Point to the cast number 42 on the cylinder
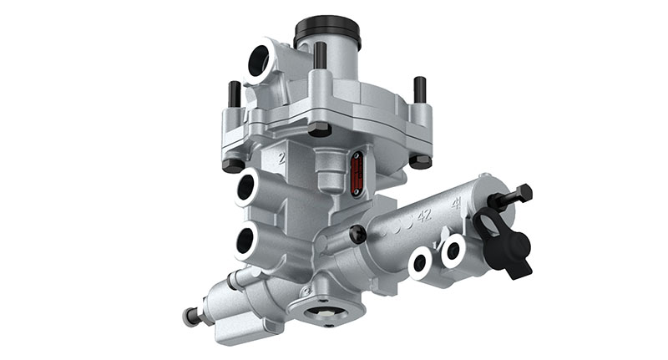pyautogui.click(x=423, y=215)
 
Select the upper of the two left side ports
pyautogui.click(x=247, y=189)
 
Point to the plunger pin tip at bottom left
pyautogui.click(x=190, y=317)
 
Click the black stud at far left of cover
pyautogui.click(x=235, y=94)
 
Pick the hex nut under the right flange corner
pyautogui.click(x=419, y=160)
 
